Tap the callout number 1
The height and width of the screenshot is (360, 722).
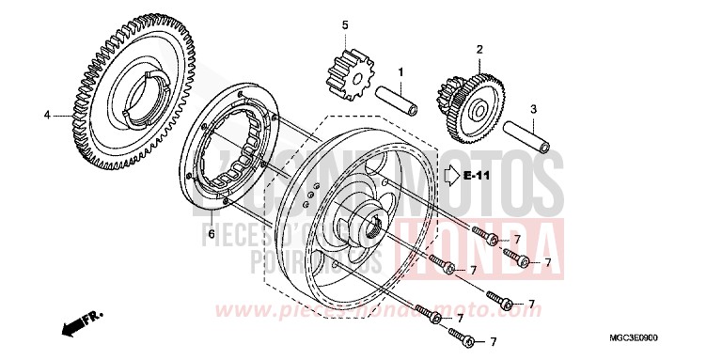(400, 71)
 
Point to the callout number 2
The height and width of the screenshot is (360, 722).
(479, 49)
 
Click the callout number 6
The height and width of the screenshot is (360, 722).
(212, 232)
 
